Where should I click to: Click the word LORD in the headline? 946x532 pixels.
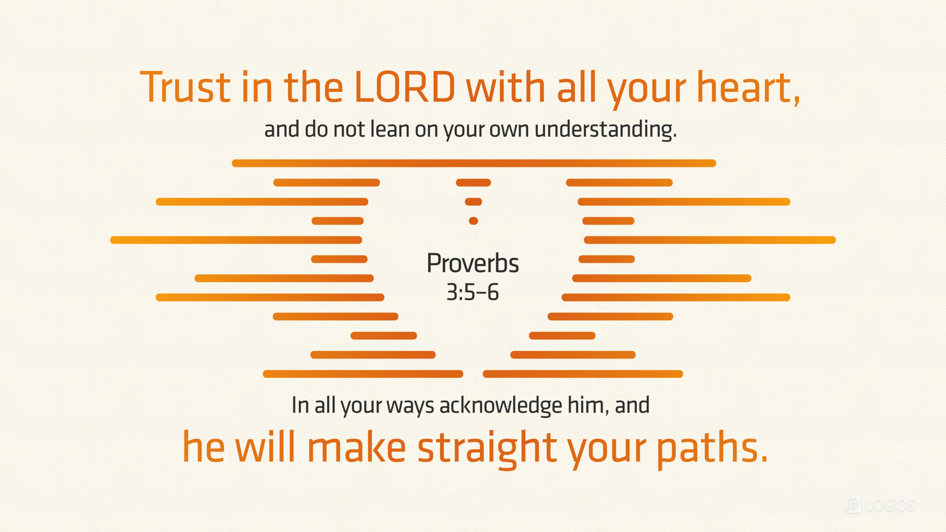point(405,87)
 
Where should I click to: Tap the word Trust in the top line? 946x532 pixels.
point(185,87)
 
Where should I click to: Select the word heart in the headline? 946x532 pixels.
point(744,87)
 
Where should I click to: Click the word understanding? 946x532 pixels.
point(606,130)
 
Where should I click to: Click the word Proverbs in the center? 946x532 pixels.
point(473,263)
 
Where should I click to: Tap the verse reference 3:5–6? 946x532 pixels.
point(473,292)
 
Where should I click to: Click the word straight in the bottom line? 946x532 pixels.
point(487,447)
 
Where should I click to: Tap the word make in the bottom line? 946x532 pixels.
point(357,447)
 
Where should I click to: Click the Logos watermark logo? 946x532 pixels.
point(880,505)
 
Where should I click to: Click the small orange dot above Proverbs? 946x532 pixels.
point(473,221)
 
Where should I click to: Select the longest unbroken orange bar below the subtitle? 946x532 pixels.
point(473,164)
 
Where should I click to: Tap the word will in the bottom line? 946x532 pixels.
point(265,446)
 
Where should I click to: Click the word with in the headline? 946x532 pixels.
point(506,87)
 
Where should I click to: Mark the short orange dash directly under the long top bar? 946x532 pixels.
point(473,183)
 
